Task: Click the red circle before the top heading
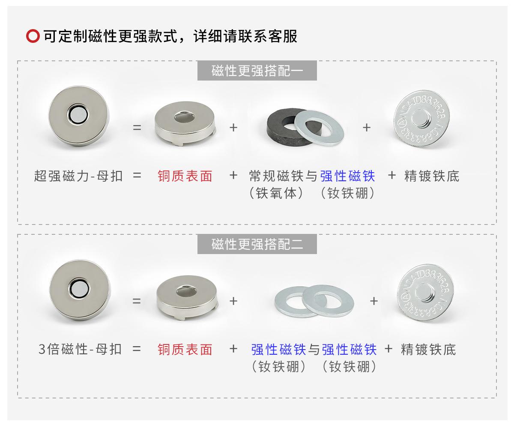pos(33,37)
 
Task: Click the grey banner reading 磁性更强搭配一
pos(257,71)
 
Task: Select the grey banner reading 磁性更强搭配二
pos(257,244)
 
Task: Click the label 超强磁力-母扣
pos(78,176)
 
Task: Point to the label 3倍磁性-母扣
pos(80,350)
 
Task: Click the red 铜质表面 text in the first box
pos(185,176)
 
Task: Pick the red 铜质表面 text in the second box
pos(185,350)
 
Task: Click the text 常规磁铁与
pos(284,176)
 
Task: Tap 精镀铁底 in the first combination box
pos(431,176)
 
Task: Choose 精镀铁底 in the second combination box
pos(428,350)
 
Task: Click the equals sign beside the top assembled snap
pos(137,128)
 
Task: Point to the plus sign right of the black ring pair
pos(367,128)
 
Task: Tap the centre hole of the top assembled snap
pos(78,114)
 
